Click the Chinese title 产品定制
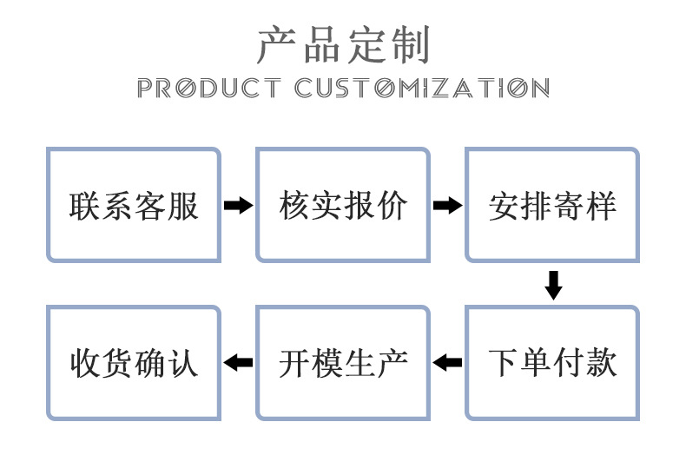point(343,45)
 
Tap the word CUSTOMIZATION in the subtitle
point(422,88)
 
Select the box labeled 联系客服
point(134,205)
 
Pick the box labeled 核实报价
point(343,205)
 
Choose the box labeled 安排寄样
point(552,205)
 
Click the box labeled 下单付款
point(552,362)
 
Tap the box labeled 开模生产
point(343,362)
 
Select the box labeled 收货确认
point(134,362)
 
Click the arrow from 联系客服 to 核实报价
point(239,206)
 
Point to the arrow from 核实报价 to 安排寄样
point(447,206)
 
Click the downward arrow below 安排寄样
point(553,285)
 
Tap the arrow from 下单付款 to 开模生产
point(447,362)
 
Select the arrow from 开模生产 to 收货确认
point(239,362)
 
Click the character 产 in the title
point(276,45)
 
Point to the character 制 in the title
point(410,45)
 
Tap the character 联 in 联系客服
point(85,206)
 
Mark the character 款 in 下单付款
point(602,362)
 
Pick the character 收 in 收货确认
point(85,362)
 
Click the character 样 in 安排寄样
point(602,206)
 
